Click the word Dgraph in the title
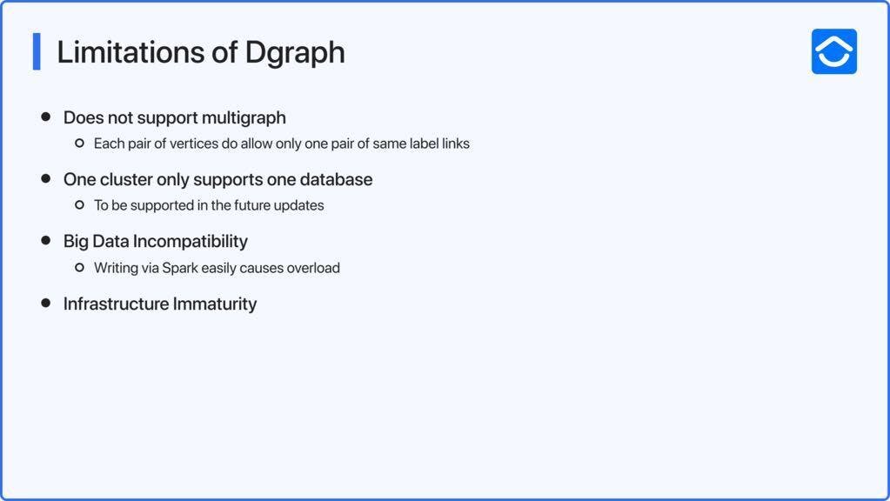coord(295,53)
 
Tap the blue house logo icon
coord(833,51)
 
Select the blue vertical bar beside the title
coord(37,51)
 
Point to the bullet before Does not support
coord(46,117)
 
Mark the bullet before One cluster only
coord(46,178)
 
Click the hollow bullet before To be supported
coord(79,204)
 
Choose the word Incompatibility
coord(191,242)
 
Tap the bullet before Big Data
coord(46,241)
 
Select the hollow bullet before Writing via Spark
coord(79,267)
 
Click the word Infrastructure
coord(116,304)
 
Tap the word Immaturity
coord(215,304)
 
